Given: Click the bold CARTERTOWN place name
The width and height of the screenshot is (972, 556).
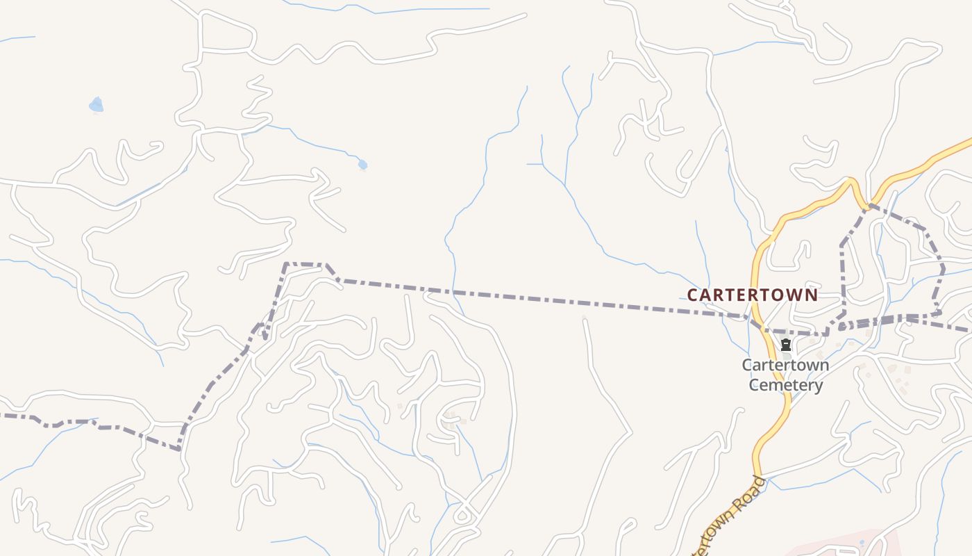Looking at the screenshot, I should (x=752, y=295).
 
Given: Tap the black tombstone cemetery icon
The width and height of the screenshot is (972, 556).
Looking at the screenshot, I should (x=785, y=345).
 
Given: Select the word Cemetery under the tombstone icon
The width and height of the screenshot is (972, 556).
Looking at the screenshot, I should (x=785, y=385).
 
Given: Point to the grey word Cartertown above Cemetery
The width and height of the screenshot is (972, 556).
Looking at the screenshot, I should (x=785, y=365).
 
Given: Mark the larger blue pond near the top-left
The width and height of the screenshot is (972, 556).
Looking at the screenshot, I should (x=96, y=105).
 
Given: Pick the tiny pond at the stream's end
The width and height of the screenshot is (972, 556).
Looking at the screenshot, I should (x=362, y=165).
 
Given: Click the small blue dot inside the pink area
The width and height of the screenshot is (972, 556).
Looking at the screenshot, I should (x=862, y=542).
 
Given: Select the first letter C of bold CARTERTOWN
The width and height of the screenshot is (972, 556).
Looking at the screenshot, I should (x=692, y=295).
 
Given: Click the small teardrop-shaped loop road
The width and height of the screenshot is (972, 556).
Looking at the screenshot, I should (x=462, y=515).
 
